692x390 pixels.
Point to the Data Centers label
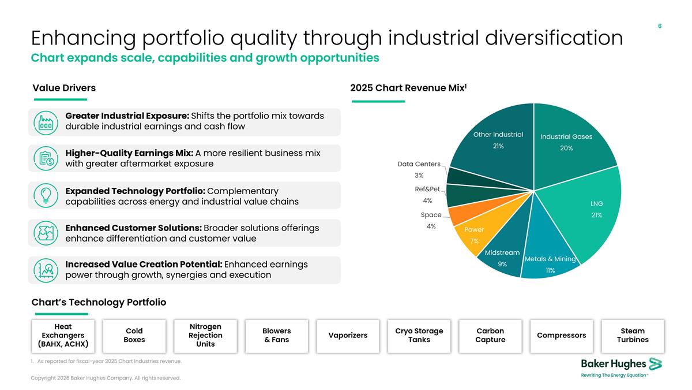tap(419, 164)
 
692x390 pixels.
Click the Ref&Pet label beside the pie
tap(427, 189)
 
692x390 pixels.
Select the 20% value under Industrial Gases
tap(566, 148)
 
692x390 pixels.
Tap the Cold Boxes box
tap(134, 336)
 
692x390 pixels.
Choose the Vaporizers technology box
tap(348, 336)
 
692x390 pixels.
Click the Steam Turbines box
tap(633, 336)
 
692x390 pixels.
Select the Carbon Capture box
tap(490, 336)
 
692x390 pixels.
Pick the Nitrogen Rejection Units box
tap(205, 336)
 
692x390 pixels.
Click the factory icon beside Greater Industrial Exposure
tap(46, 123)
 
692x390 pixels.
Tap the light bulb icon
tap(46, 195)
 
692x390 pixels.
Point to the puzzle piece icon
tap(46, 233)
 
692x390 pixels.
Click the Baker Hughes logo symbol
tap(655, 364)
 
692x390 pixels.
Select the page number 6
tap(660, 26)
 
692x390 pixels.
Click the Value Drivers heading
tap(64, 88)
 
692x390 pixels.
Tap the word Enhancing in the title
tap(84, 38)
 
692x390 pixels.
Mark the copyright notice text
tap(106, 378)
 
